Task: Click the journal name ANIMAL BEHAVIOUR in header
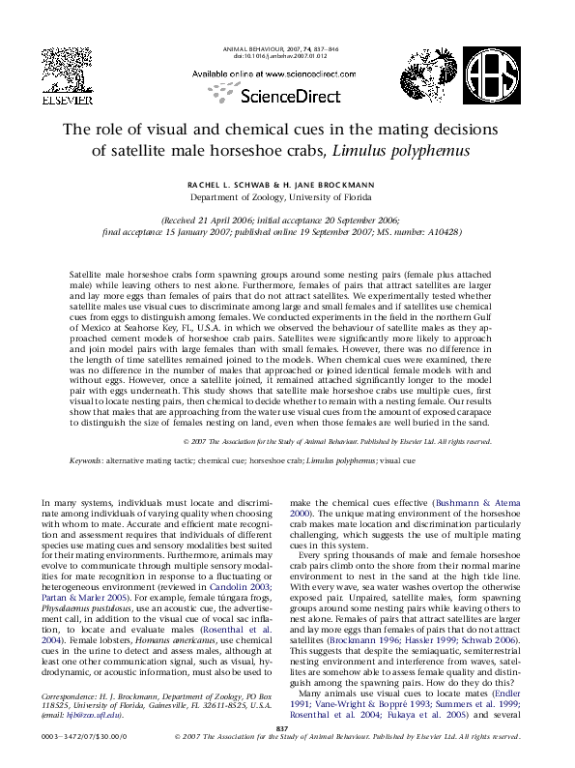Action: pyautogui.click(x=256, y=48)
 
